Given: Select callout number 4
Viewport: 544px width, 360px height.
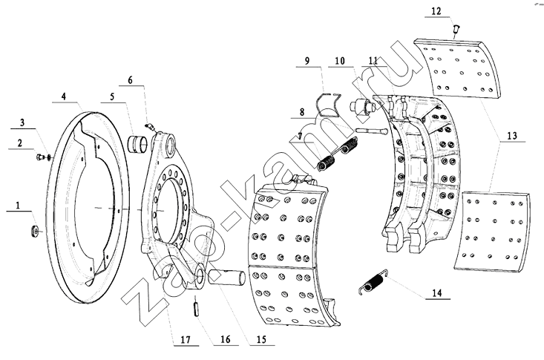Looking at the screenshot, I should pos(64,96).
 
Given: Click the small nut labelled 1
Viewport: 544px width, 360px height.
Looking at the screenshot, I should pos(36,232).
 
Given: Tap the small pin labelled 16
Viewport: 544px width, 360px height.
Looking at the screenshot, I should pos(197,306).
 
